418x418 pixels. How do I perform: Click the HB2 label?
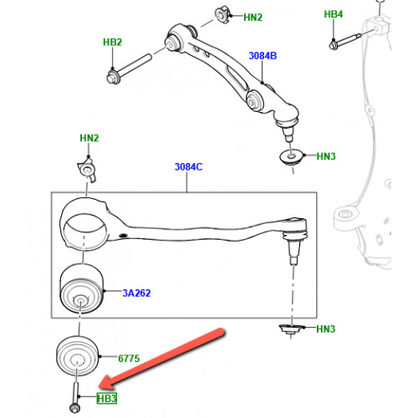113,42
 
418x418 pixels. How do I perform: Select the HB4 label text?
334,14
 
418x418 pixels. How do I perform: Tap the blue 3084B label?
263,56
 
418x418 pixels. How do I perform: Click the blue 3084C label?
189,167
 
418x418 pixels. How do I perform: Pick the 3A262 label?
136,293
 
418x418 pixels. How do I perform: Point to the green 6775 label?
129,359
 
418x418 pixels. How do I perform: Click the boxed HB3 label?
107,399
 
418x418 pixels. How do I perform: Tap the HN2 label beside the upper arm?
252,18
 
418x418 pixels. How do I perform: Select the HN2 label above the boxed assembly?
89,138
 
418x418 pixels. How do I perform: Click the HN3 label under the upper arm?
326,156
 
